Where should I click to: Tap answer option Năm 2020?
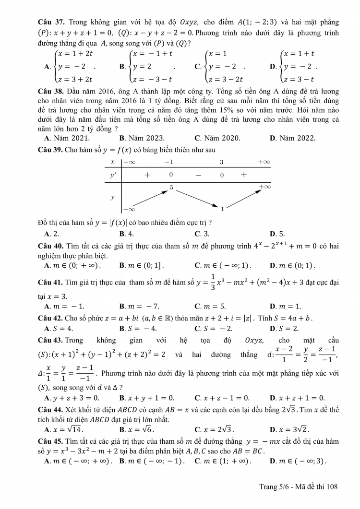[x=221, y=138]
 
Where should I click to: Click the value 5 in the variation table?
[x=171, y=187]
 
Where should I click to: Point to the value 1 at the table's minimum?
[x=222, y=209]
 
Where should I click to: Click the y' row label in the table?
[x=113, y=176]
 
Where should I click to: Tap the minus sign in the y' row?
[x=197, y=176]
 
